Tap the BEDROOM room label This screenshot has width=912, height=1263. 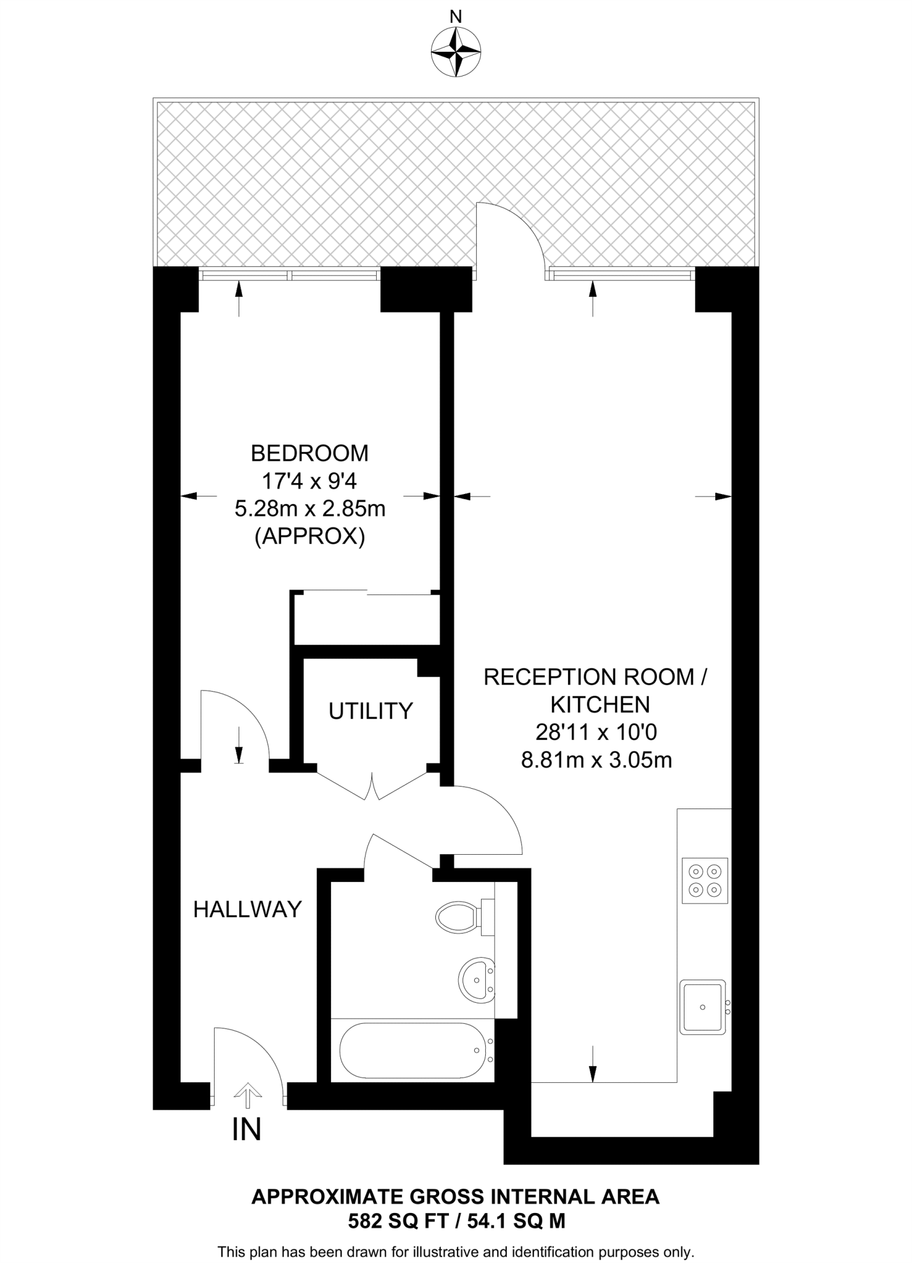coord(310,453)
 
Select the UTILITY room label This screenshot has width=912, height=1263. coord(370,711)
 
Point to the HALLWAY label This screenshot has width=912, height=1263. coord(247,909)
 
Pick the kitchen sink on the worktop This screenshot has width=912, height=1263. coord(703,1007)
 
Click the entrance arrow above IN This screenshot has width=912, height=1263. coord(248,1092)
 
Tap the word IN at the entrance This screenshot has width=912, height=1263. coord(247,1130)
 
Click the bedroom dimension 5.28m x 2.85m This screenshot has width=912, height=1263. coord(310,509)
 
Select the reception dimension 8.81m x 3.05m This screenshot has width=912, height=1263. coord(596,760)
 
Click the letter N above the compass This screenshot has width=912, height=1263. coord(456,17)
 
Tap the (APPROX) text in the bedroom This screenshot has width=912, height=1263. coord(310,537)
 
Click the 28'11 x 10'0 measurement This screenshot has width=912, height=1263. coord(596,732)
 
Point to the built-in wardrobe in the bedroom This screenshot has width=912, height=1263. coord(366,619)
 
